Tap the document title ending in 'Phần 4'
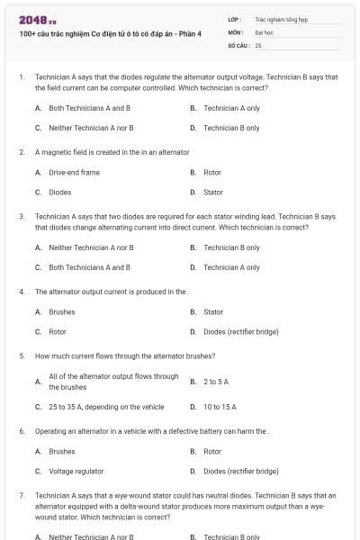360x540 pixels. pos(110,33)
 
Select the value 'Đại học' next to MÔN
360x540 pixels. pos(264,31)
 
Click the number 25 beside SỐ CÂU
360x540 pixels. pos(258,44)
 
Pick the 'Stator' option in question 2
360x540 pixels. pos(213,192)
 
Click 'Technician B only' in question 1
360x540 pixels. pos(231,128)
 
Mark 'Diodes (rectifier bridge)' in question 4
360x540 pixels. pos(241,332)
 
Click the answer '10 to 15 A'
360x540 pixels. pos(220,407)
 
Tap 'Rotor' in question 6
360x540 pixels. pos(212,451)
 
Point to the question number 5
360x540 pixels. pos(21,355)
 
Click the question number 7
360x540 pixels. pos(21,495)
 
